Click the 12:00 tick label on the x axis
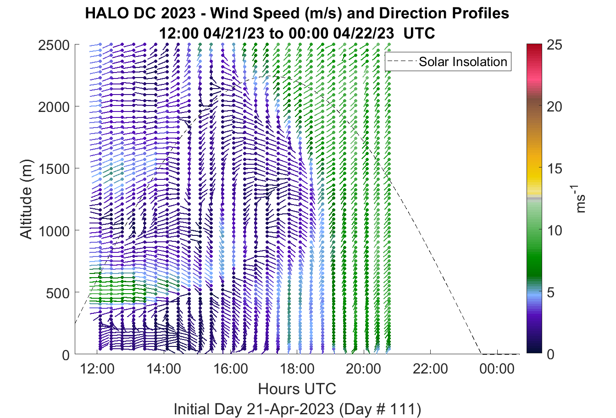pos(97,369)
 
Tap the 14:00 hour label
pos(164,369)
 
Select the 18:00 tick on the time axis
pos(297,369)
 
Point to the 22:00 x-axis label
pos(430,369)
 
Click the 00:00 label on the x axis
pos(497,369)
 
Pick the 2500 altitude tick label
pos(54,45)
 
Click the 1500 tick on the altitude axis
pos(54,169)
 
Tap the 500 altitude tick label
pos(58,293)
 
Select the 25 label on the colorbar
pos(555,45)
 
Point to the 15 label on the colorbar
pos(555,168)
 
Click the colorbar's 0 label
pos(551,354)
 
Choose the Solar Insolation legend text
pos(463,61)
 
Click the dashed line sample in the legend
pos(402,61)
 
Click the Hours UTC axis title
pos(297,389)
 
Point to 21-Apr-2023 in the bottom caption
pos(290,409)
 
